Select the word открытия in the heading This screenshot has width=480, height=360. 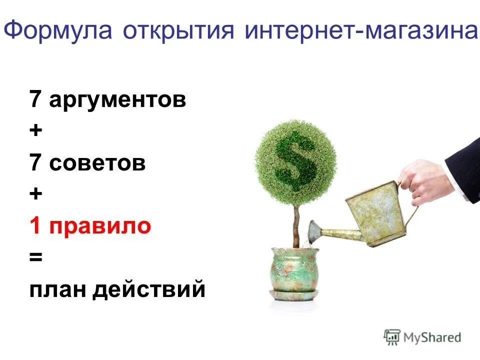coord(178,31)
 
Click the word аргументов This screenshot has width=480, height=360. coord(117,100)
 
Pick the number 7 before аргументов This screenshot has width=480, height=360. coord(35,99)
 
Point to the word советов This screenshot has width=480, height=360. coord(97,163)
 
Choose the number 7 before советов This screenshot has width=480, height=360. coord(35,163)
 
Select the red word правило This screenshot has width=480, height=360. coord(100,226)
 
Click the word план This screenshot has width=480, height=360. coord(57,289)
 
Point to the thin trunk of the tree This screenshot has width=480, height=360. coord(296,225)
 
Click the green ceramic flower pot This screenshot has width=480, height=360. coord(295,272)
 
